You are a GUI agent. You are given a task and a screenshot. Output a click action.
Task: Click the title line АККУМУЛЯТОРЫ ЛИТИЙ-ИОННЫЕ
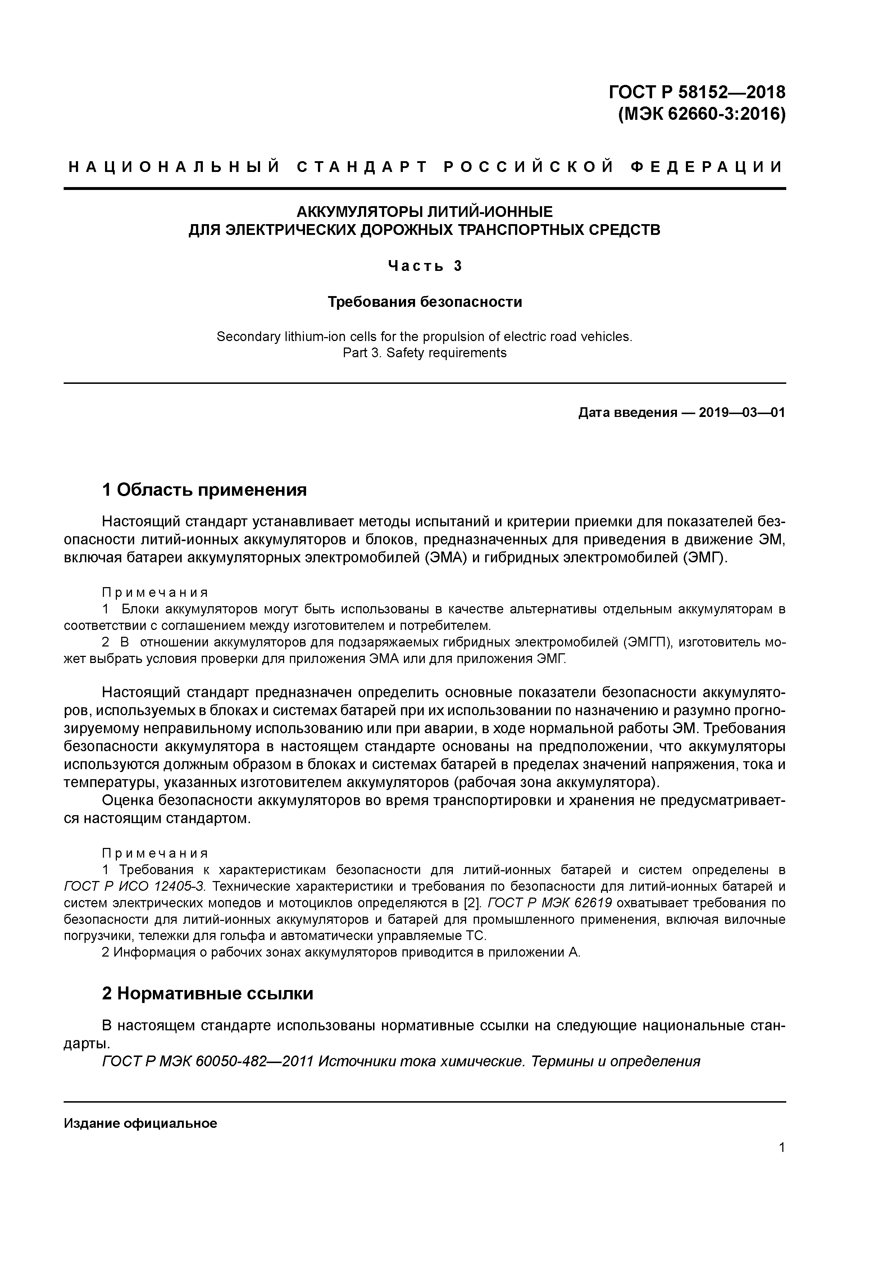[x=424, y=212]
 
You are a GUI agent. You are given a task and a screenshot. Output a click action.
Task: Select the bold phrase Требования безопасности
[x=424, y=302]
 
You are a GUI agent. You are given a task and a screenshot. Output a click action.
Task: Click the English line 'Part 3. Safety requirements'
[x=424, y=353]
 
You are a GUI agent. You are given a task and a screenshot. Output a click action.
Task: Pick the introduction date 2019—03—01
[x=742, y=412]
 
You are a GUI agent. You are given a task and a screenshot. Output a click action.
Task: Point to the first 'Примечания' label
[x=155, y=592]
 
